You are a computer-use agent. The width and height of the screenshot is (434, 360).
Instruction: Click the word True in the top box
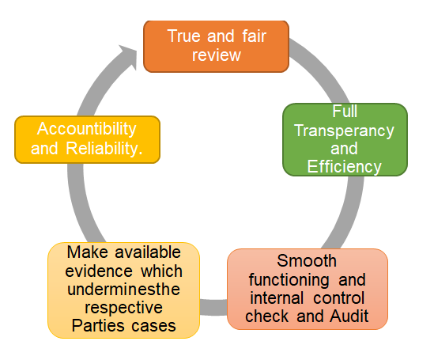[x=183, y=36]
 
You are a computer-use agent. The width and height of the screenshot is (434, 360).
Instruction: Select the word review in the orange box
[x=217, y=55]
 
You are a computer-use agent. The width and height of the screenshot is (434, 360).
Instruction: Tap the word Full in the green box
[x=345, y=112]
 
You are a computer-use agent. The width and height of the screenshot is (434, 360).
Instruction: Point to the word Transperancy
[x=344, y=131]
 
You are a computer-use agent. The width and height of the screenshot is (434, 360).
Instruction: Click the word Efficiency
[x=345, y=166]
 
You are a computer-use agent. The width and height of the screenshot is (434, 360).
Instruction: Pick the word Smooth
[x=307, y=260]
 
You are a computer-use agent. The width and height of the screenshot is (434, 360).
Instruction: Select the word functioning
[x=289, y=280]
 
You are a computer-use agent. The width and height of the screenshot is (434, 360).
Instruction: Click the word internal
[x=277, y=298]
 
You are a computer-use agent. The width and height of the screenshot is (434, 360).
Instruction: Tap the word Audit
[x=349, y=316]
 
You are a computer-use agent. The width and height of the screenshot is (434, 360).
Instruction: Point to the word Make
[x=87, y=252]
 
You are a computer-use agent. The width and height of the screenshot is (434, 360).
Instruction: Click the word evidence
[x=99, y=271]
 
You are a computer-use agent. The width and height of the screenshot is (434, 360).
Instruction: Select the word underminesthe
[x=124, y=289]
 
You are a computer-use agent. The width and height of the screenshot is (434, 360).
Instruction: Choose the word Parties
[x=98, y=326]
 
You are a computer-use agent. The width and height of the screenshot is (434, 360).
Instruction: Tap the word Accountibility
[x=87, y=129]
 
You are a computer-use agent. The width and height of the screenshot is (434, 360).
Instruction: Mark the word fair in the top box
[x=254, y=36]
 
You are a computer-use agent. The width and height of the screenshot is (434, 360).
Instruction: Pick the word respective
[x=124, y=308]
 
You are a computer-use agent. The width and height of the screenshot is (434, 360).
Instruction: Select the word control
[x=339, y=298]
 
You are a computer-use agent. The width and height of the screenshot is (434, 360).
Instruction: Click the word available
[x=148, y=252]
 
